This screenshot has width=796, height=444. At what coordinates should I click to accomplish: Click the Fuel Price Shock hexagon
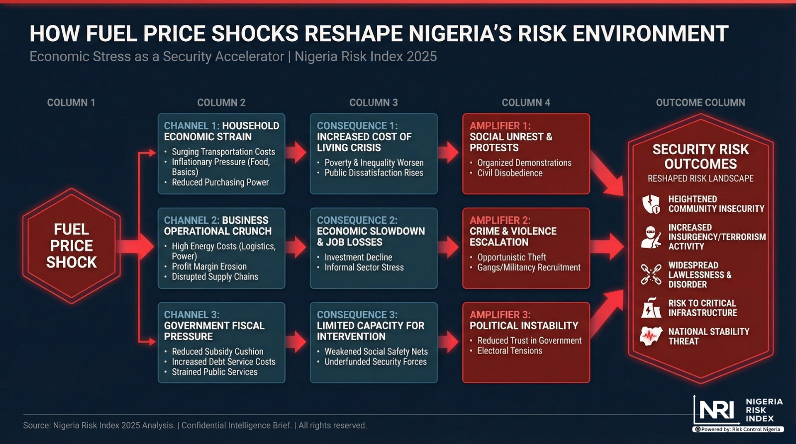click(x=71, y=246)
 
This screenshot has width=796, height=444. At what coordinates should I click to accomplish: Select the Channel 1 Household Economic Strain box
click(x=221, y=153)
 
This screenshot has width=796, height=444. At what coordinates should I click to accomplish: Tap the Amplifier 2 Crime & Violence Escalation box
click(x=526, y=248)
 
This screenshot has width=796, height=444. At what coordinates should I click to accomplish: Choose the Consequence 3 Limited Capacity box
click(x=374, y=342)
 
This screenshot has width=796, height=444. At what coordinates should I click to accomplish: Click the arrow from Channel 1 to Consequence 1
click(x=297, y=152)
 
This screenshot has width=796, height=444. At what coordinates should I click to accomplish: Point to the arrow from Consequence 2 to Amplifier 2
click(x=449, y=247)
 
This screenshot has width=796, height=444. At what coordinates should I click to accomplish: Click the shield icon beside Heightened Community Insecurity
click(x=651, y=204)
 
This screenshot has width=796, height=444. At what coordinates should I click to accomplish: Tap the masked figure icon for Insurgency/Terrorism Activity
click(x=651, y=237)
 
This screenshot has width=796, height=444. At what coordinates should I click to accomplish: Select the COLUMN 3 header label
click(x=373, y=102)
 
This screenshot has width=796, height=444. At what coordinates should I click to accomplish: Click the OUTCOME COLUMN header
click(x=700, y=102)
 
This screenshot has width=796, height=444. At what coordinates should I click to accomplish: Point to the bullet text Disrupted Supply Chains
click(x=215, y=277)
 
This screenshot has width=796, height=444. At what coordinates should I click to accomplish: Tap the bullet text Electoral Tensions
click(x=509, y=351)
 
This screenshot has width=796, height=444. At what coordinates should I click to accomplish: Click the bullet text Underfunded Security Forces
click(x=376, y=362)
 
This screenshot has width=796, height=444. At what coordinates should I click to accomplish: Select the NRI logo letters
click(x=716, y=410)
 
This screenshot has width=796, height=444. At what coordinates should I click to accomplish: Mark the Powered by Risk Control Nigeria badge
click(x=738, y=429)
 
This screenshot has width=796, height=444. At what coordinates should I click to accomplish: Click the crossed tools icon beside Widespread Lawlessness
click(x=651, y=274)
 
